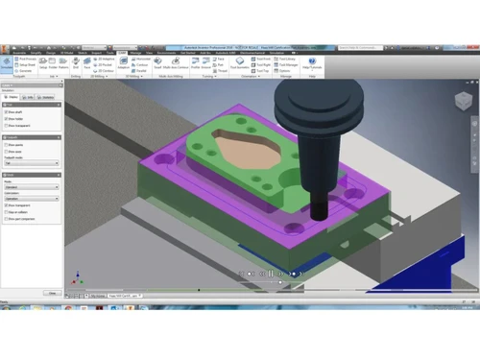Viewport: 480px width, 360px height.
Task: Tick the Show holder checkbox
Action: (x=10, y=119)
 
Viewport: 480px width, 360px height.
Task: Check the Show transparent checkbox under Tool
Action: (x=10, y=126)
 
